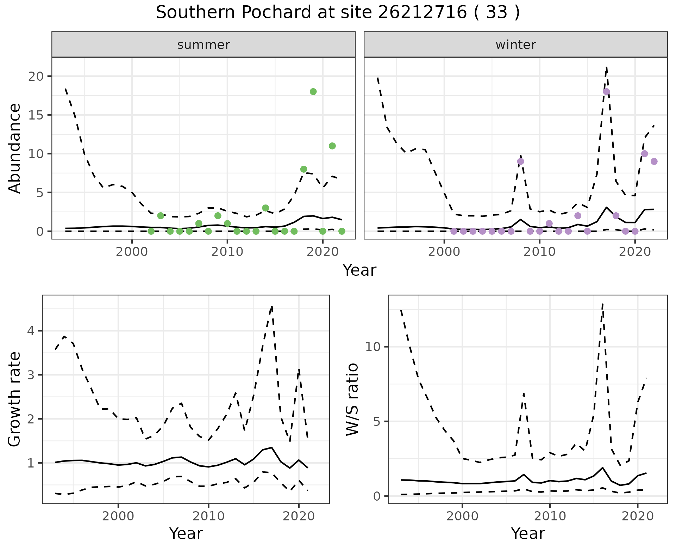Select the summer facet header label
[x=204, y=45]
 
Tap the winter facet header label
[x=515, y=45]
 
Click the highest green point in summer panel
[x=313, y=92]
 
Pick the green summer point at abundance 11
[x=332, y=146]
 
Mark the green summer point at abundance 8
[x=303, y=169]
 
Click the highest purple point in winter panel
[x=606, y=92]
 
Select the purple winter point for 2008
[x=520, y=161]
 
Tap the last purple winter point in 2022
[x=654, y=161]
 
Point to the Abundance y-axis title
[x=15, y=148]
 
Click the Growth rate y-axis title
[x=15, y=399]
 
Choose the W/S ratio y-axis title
[x=352, y=399]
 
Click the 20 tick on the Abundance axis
[x=35, y=77]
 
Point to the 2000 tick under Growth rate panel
[x=118, y=517]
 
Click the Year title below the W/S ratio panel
[x=528, y=533]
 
